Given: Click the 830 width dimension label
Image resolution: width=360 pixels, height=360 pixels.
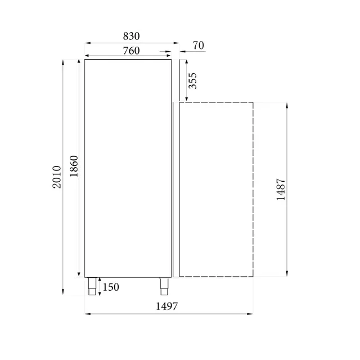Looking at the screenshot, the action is click(131, 36).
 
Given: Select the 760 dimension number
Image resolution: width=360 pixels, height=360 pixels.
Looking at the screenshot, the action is click(131, 51).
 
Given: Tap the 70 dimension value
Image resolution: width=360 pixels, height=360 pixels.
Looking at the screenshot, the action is click(199, 46).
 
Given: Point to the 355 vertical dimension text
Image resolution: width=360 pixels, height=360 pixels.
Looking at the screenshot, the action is click(192, 80).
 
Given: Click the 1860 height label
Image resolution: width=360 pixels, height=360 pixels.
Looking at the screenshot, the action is click(74, 166).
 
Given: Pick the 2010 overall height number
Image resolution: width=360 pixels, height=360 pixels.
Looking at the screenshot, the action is click(57, 177).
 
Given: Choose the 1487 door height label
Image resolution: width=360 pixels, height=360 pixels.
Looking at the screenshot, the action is click(281, 190).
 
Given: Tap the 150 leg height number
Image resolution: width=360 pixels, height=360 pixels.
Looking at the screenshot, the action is click(111, 287).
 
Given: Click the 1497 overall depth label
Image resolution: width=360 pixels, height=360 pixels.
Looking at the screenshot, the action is click(166, 306).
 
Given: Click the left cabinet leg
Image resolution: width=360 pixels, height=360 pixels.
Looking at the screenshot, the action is click(92, 286).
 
